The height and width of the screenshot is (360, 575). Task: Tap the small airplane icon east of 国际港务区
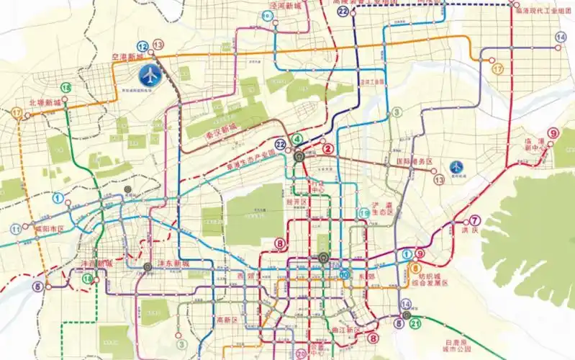click(x=456, y=167)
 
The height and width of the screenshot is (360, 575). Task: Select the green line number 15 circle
click(x=66, y=88)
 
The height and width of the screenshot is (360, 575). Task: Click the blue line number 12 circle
click(x=142, y=45)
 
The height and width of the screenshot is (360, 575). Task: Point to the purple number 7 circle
click(x=474, y=220)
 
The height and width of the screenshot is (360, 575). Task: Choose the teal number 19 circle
click(x=365, y=213)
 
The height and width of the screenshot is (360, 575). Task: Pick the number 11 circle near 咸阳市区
click(x=16, y=229)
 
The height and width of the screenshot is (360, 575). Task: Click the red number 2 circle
click(x=327, y=149)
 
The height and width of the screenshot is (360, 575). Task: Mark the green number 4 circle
click(x=298, y=140)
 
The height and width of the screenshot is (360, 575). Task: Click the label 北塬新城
click(x=44, y=103)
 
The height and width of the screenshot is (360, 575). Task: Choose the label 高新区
click(x=226, y=320)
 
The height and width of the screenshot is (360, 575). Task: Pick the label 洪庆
click(x=470, y=230)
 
